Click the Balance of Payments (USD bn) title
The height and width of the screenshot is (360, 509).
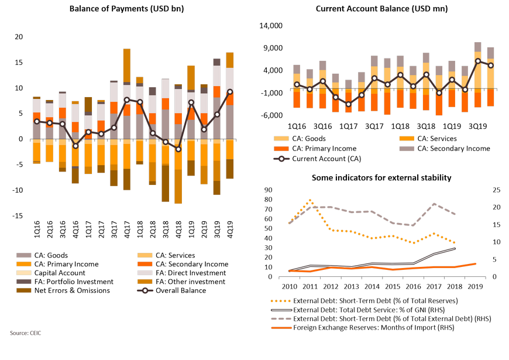126,8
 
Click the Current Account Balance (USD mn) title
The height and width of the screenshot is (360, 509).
381,8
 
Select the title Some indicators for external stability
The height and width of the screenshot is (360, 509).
381,178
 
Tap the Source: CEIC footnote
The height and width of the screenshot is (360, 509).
25,333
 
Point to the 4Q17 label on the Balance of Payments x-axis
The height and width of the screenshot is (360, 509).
127,229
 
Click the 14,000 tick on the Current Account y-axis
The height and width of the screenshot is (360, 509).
271,26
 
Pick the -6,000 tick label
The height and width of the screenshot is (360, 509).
271,115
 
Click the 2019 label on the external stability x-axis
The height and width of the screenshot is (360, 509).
475,287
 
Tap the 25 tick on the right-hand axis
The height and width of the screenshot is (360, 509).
497,190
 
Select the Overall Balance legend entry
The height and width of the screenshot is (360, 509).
172,290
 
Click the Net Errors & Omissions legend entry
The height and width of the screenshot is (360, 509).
63,290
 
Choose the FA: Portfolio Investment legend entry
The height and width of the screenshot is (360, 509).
65,282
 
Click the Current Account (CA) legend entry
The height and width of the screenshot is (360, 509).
318,159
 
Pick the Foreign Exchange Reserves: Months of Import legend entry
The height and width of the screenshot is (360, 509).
363,327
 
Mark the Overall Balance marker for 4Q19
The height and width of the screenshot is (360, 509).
230,92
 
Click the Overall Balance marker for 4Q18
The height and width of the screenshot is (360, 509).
178,149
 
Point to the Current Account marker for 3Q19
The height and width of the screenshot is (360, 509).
478,61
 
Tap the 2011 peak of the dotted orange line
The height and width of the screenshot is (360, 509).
310,200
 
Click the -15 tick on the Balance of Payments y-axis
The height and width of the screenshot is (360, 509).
18,216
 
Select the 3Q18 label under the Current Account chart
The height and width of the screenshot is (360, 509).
426,126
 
